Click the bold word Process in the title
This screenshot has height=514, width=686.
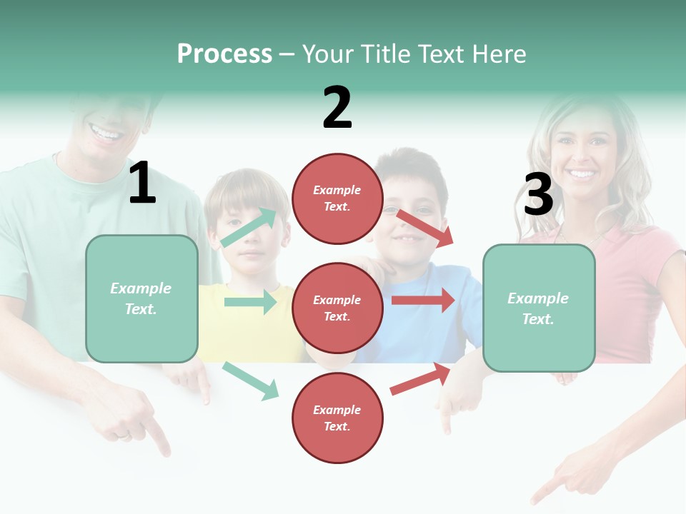224,54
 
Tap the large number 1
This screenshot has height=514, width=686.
142,183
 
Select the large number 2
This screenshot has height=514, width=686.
337,108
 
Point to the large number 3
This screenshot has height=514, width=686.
538,194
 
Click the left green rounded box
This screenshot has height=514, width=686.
141,298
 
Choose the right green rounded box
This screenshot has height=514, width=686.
539,308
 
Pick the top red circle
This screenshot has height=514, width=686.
337,198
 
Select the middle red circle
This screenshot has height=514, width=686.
337,308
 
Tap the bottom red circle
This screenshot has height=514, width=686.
337,418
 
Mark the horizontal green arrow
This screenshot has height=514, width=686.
250,302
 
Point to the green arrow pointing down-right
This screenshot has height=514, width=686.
250,381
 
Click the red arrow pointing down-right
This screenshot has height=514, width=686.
425,228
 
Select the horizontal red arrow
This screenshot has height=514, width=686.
423,301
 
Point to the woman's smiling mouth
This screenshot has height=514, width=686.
581,173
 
